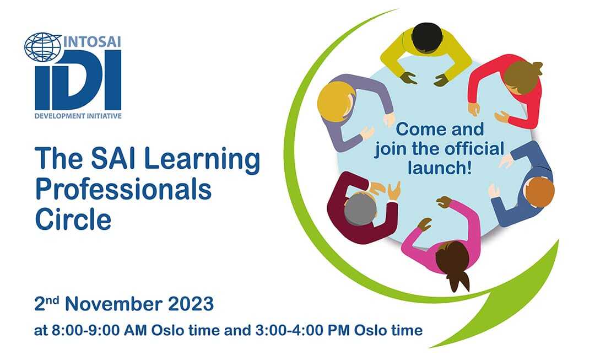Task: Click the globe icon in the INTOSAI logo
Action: tap(43, 47)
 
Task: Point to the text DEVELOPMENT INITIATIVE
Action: tap(78, 116)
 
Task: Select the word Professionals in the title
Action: tap(123, 190)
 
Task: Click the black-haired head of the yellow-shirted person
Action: tap(424, 38)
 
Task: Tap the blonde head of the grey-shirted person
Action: tap(334, 100)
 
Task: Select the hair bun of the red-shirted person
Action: tap(536, 68)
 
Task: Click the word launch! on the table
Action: tap(439, 167)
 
